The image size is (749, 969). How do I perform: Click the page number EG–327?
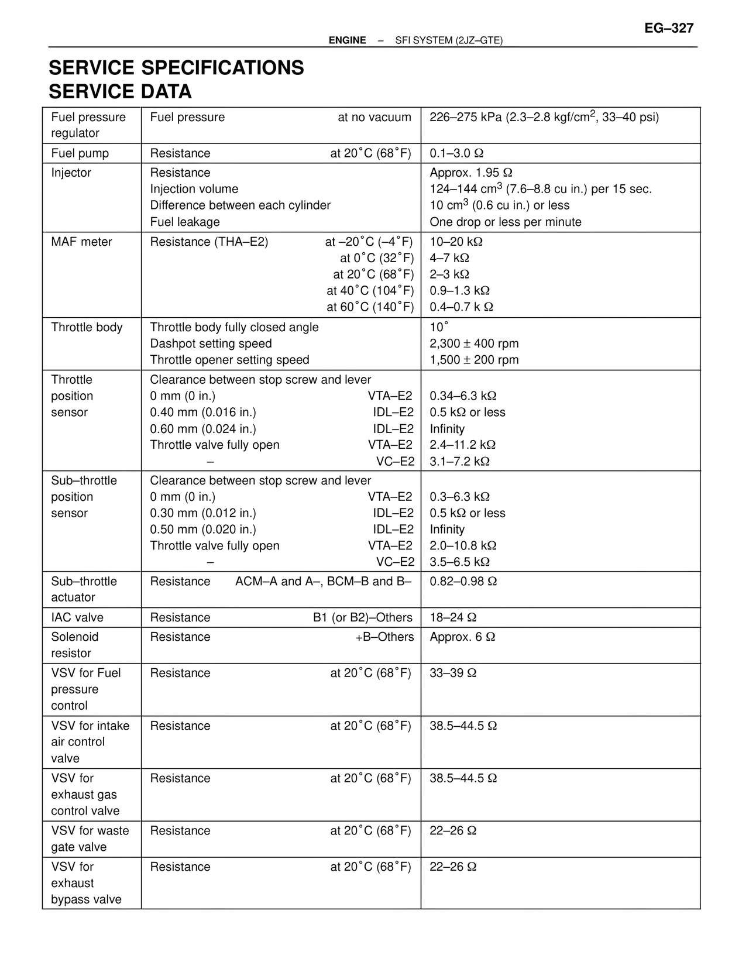[669, 28]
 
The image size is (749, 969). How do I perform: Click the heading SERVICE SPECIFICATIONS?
[176, 68]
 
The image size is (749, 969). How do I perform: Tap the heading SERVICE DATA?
[120, 92]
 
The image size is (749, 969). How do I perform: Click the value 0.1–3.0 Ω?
[456, 153]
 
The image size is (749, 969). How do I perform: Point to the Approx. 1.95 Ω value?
[470, 173]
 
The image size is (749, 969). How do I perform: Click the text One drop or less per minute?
[506, 222]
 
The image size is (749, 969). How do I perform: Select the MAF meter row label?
[81, 242]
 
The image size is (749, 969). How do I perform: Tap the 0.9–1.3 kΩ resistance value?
[459, 291]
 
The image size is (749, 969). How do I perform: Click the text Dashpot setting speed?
[211, 343]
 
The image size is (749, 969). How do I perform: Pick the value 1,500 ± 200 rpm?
[474, 360]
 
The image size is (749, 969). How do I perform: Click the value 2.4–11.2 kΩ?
[462, 445]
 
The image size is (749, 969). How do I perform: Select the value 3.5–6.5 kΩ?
[459, 562]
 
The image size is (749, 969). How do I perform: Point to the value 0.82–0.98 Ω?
[463, 581]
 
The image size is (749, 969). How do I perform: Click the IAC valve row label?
[77, 617]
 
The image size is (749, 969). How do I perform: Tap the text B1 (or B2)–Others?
[362, 617]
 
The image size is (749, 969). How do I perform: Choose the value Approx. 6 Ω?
[462, 637]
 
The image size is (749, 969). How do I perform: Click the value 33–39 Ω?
[453, 673]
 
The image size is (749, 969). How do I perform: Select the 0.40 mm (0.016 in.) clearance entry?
[203, 412]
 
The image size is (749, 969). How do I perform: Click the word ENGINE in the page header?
[347, 40]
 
